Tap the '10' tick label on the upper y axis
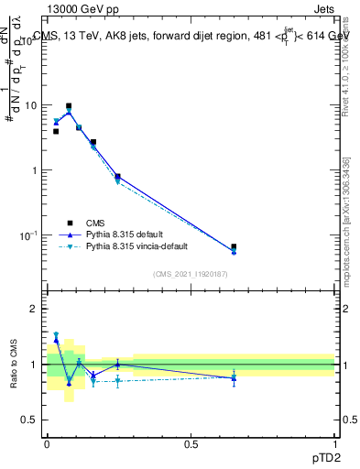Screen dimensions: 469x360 click(x=29, y=105)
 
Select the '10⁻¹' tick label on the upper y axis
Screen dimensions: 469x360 click(x=28, y=235)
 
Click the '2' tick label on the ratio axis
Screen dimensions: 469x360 click(x=34, y=309)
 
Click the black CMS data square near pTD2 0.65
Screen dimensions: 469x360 click(x=234, y=246)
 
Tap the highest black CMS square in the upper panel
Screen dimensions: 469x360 click(x=69, y=106)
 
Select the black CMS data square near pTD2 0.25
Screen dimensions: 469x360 click(x=117, y=176)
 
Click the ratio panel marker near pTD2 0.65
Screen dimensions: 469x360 click(x=234, y=377)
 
